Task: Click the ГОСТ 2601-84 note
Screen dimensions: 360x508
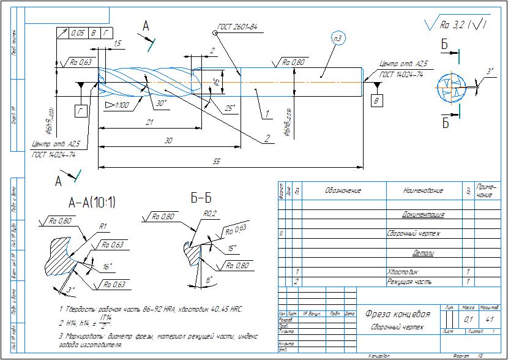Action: (x=237, y=28)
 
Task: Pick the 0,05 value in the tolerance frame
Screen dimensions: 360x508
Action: (x=77, y=32)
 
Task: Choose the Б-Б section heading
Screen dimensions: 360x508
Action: (x=201, y=198)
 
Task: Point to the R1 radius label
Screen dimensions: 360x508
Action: (x=103, y=227)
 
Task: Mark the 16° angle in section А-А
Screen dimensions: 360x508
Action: (x=108, y=266)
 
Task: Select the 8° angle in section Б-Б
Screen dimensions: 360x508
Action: (x=209, y=280)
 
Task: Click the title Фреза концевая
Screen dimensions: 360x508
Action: (x=397, y=314)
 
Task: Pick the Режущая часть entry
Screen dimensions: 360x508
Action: (x=409, y=282)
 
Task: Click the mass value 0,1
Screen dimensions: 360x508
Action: (x=468, y=320)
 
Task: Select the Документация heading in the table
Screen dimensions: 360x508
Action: (x=423, y=215)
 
